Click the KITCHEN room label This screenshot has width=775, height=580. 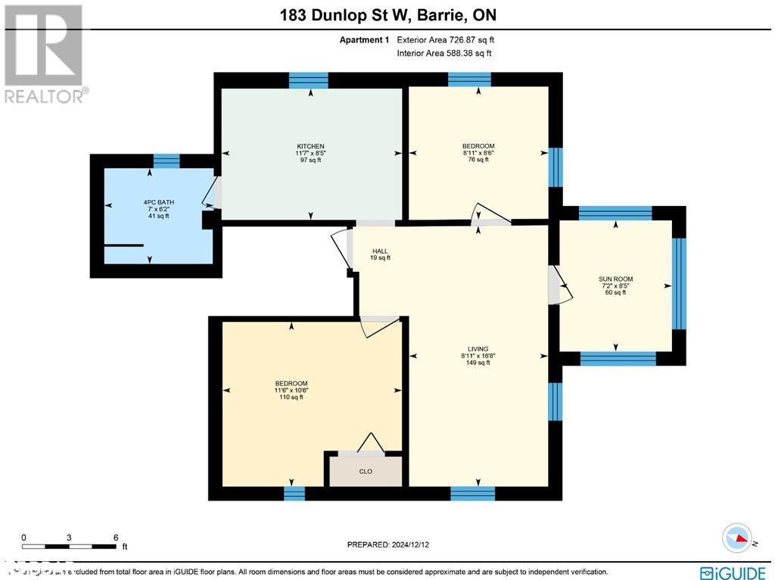310,146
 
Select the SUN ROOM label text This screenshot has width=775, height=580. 615,279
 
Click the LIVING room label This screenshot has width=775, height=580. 478,349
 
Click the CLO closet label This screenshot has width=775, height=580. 366,471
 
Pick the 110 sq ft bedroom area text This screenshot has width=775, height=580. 291,397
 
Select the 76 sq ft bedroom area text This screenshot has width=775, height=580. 478,160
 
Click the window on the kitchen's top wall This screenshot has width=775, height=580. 309,80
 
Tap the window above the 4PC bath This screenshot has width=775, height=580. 167,161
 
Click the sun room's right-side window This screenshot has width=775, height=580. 679,284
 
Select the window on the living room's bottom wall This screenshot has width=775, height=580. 473,494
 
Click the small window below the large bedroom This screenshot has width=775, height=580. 294,494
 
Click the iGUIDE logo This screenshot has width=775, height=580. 733,572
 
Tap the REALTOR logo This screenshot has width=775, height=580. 45,53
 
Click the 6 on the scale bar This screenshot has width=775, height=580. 116,538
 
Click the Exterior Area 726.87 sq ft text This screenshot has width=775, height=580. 446,40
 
